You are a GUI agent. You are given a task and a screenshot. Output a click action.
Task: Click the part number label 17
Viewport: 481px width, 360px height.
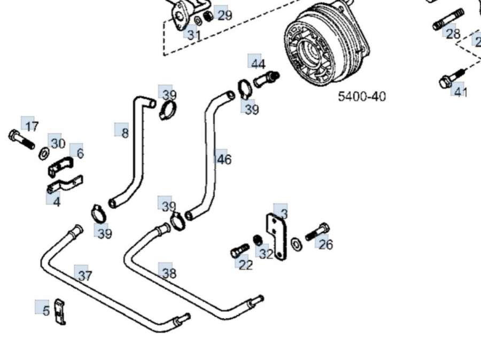[31, 127]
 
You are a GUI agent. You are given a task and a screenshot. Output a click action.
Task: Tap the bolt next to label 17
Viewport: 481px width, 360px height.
[21, 140]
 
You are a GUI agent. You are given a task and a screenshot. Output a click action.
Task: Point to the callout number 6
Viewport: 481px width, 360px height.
[80, 153]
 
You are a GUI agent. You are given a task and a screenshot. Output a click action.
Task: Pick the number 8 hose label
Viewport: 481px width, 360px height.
[124, 132]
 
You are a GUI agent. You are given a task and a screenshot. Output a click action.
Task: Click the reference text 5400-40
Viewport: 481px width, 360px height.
[362, 97]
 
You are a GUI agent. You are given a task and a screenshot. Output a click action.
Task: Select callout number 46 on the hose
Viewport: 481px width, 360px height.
[224, 159]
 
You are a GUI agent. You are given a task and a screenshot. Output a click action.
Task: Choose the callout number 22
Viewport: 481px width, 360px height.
[245, 264]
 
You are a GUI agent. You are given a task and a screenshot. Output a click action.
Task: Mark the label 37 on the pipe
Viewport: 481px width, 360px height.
[84, 276]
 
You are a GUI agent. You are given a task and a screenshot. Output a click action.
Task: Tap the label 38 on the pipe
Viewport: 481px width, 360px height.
[168, 273]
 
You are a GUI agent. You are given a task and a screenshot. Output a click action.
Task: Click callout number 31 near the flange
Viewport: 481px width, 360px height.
[193, 36]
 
